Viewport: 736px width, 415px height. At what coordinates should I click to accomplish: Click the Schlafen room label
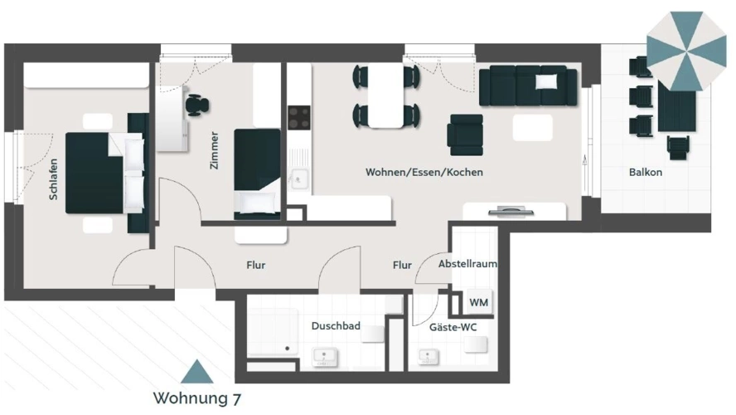[x=53, y=179]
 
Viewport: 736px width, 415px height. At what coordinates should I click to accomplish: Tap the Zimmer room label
[x=215, y=150]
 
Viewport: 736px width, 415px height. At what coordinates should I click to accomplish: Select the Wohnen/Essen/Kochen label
[x=424, y=173]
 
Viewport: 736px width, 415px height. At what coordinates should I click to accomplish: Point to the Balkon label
[x=645, y=173]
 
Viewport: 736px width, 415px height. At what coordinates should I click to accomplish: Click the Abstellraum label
[x=467, y=264]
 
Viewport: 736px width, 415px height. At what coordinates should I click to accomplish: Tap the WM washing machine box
[x=478, y=302]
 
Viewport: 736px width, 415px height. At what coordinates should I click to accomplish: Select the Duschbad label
[x=336, y=326]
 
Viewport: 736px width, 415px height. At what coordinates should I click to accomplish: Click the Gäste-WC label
[x=453, y=327]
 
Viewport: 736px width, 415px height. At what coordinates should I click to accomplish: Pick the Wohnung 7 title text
[x=197, y=398]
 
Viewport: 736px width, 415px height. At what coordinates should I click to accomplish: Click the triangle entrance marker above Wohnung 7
[x=197, y=371]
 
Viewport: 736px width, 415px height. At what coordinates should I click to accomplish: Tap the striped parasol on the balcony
[x=685, y=50]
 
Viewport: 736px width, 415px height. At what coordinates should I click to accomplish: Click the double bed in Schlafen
[x=105, y=172]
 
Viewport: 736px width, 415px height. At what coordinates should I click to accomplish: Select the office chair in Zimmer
[x=196, y=105]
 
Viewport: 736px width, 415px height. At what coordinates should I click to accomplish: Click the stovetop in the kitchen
[x=298, y=117]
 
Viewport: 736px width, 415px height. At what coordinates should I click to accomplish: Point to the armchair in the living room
[x=464, y=133]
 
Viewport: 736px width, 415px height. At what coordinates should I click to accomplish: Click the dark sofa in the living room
[x=527, y=85]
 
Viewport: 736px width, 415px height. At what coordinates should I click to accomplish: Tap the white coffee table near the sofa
[x=532, y=127]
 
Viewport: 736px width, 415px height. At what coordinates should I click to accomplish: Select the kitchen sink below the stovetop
[x=298, y=178]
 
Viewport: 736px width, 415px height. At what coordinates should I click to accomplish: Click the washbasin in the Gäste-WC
[x=429, y=356]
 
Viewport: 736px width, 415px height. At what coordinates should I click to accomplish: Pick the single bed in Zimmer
[x=257, y=172]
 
